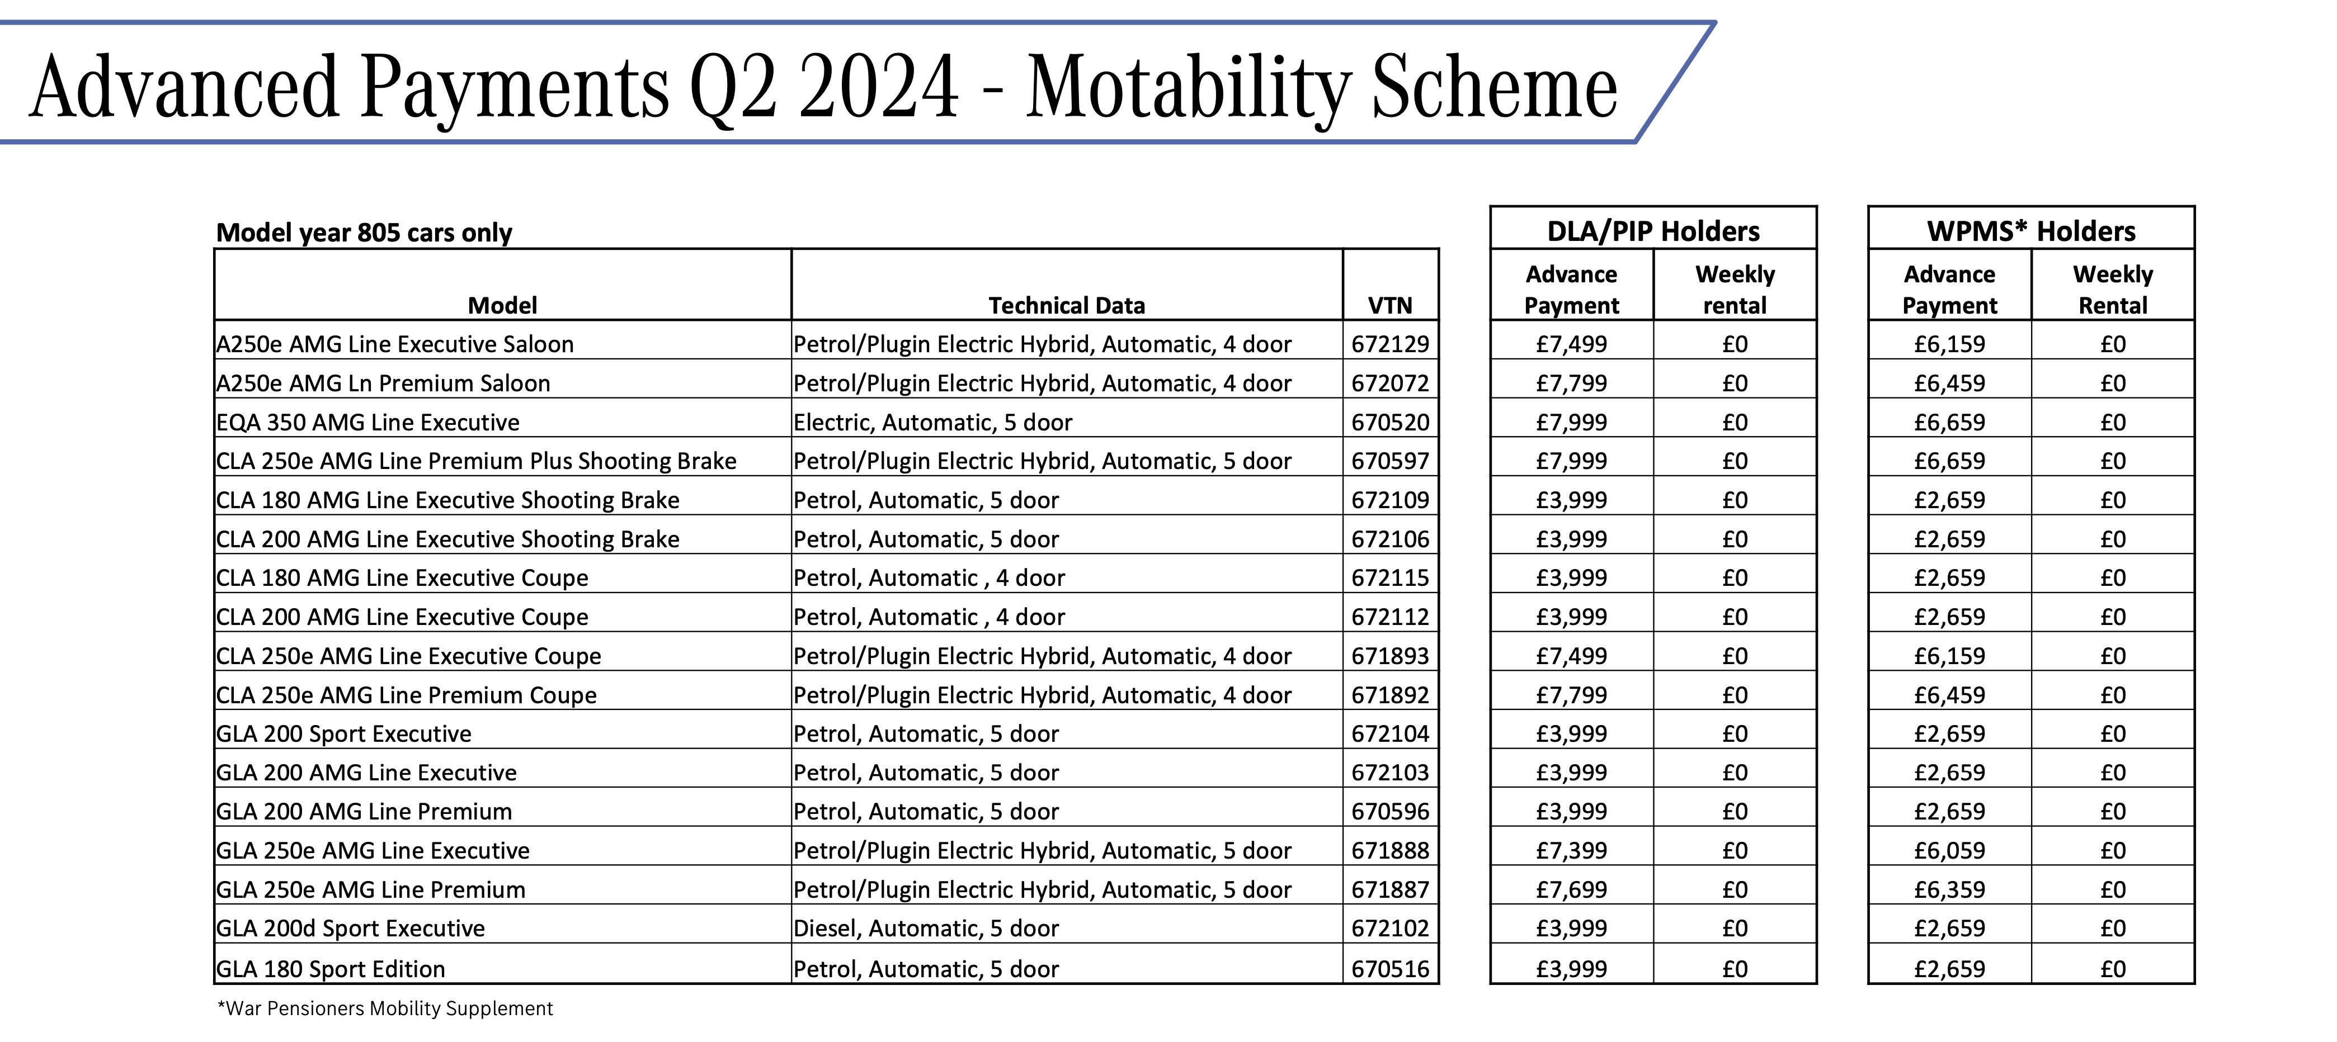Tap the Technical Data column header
pyautogui.click(x=1066, y=306)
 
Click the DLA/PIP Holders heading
pyautogui.click(x=1653, y=231)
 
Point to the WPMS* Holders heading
pyautogui.click(x=2031, y=231)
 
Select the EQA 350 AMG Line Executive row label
pyautogui.click(x=367, y=423)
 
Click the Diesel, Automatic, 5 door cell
pyautogui.click(x=925, y=929)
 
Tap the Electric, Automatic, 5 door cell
pyautogui.click(x=932, y=423)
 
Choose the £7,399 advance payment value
pyautogui.click(x=1571, y=851)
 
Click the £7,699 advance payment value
pyautogui.click(x=1571, y=889)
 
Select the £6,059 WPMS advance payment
pyautogui.click(x=1949, y=851)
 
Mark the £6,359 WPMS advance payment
pyautogui.click(x=1949, y=889)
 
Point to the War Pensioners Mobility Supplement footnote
pyautogui.click(x=385, y=1008)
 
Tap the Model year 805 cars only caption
pyautogui.click(x=364, y=233)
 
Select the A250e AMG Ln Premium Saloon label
pyautogui.click(x=383, y=383)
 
